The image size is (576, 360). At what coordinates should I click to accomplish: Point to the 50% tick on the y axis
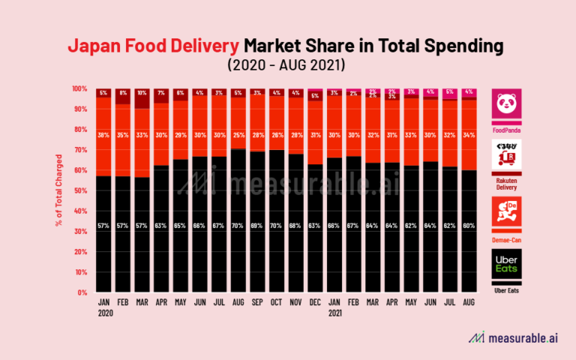click(80, 190)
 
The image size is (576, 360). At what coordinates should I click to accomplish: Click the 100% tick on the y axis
click(79, 88)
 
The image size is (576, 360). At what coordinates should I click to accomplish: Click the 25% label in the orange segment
click(237, 114)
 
